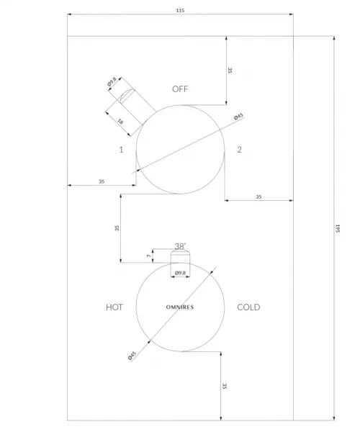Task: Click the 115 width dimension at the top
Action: [180, 11]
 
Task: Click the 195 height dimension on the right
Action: [338, 228]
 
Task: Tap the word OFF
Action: [180, 89]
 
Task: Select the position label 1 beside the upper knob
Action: [121, 150]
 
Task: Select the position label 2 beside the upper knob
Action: [239, 150]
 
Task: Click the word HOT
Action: [114, 307]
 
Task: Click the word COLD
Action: [248, 307]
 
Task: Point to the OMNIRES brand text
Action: [180, 307]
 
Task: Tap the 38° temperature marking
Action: [180, 246]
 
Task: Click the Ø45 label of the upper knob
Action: [238, 117]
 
